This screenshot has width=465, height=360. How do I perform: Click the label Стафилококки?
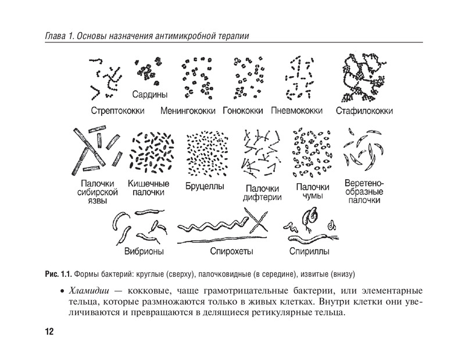(x=364, y=110)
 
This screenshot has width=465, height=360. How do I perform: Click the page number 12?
(x=49, y=332)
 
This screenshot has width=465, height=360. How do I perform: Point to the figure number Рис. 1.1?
(x=58, y=273)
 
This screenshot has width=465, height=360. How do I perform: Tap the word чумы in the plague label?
(x=312, y=197)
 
